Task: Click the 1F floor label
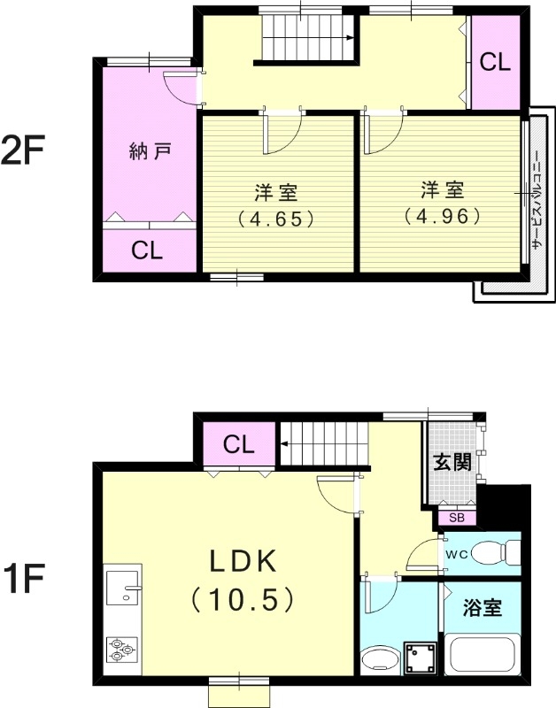click(21, 581)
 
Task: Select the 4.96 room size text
click(441, 213)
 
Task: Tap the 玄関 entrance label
click(452, 463)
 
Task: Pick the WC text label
click(456, 554)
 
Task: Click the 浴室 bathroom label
click(483, 609)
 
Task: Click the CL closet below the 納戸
click(147, 250)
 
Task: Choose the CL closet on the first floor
click(239, 444)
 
